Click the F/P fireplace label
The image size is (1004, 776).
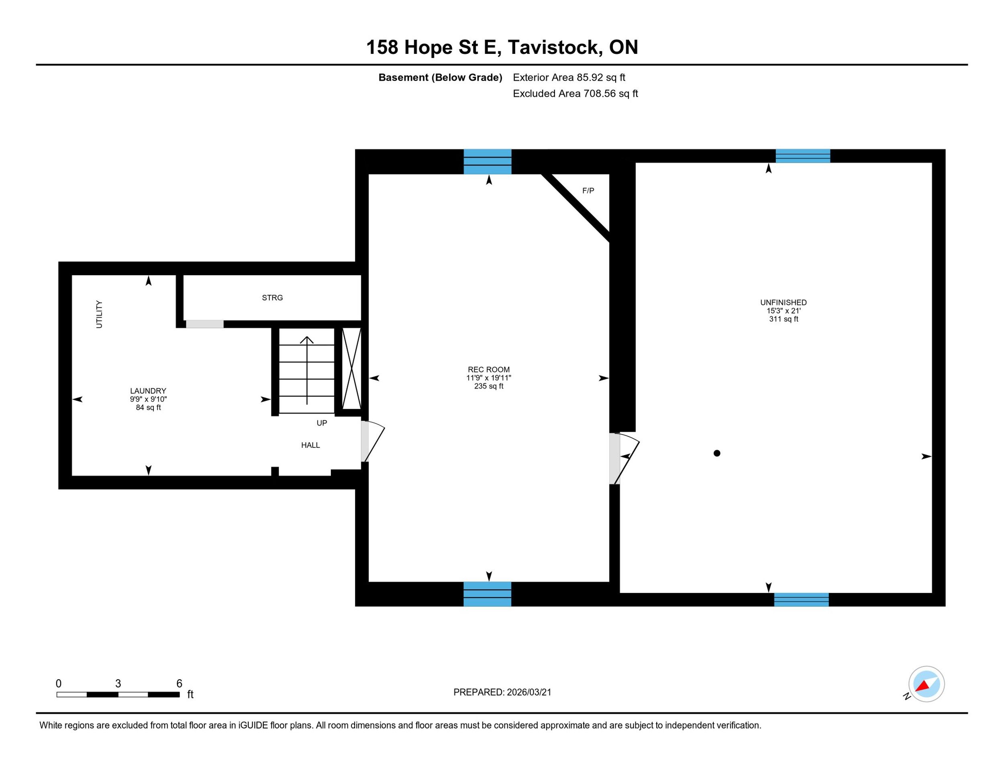(x=588, y=190)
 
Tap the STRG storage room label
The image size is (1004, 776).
(x=272, y=298)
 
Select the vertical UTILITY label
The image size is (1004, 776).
(x=99, y=314)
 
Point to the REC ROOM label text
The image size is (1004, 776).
(x=489, y=369)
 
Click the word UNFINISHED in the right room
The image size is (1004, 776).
(x=784, y=302)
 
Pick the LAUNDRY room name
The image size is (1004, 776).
(x=148, y=391)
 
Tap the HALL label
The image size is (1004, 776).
(x=310, y=445)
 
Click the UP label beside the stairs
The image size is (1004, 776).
(x=322, y=423)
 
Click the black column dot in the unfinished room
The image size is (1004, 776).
(x=717, y=453)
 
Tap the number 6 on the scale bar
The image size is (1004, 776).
(x=179, y=683)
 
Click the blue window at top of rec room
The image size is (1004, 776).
(x=487, y=161)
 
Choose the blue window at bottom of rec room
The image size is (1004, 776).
(x=487, y=594)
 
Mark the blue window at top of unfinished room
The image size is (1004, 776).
(x=803, y=156)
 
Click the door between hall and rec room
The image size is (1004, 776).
(x=373, y=441)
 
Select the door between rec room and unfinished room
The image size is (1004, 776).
(x=624, y=458)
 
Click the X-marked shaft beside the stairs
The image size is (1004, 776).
(x=352, y=368)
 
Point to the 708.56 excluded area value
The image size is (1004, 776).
(x=600, y=93)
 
